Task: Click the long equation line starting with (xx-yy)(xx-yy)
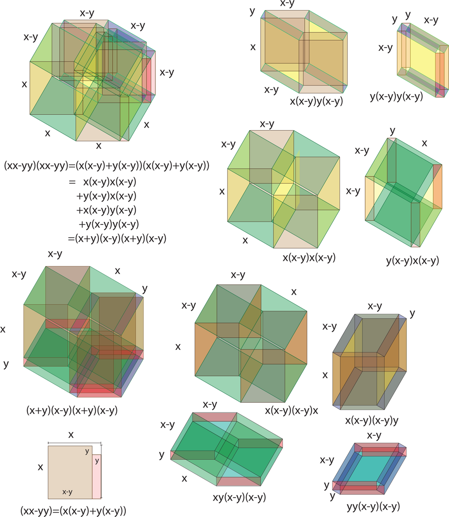click(x=107, y=166)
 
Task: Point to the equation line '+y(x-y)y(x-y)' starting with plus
click(x=108, y=224)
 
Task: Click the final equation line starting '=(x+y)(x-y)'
click(x=117, y=239)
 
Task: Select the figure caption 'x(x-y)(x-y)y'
click(x=372, y=420)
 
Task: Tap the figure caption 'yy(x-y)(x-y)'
click(x=373, y=506)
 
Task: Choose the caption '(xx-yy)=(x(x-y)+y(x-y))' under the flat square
click(x=73, y=510)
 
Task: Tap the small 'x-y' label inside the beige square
click(x=67, y=492)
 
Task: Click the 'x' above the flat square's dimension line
click(x=71, y=435)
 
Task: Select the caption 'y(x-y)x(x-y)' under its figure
click(x=412, y=261)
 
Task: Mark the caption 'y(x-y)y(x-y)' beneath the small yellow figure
click(x=396, y=97)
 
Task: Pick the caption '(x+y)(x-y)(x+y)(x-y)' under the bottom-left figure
click(x=72, y=410)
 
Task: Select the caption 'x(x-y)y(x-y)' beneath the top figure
click(x=316, y=101)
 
